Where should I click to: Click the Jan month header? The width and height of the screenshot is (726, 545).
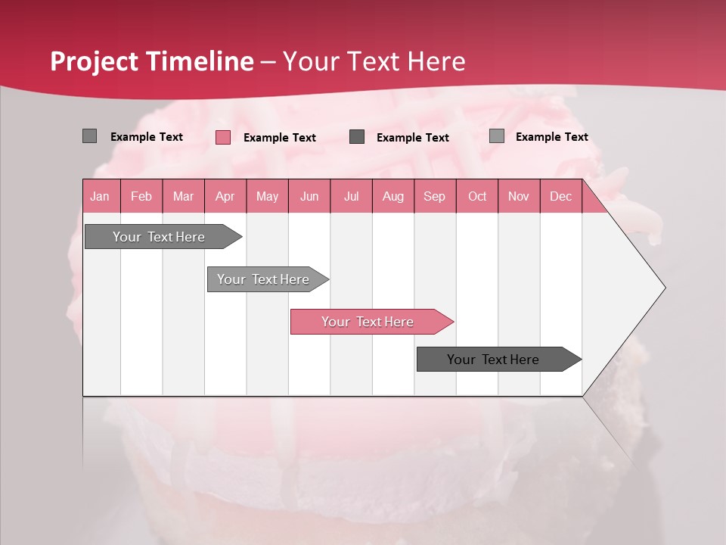(101, 196)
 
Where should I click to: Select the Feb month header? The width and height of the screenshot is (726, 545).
(141, 196)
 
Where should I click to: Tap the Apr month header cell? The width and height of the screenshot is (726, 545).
(225, 196)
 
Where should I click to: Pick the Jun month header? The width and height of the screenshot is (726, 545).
(309, 196)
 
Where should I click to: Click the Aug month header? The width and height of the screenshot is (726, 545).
(393, 196)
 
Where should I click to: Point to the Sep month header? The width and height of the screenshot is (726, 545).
(435, 196)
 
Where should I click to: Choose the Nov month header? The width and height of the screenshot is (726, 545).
(519, 196)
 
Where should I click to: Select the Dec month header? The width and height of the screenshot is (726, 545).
(561, 196)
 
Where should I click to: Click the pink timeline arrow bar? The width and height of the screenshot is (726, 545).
(368, 322)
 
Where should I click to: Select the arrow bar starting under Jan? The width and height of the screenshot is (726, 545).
(159, 237)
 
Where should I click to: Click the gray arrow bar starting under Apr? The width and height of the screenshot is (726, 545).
(264, 279)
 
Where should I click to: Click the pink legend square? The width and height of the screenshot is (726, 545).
(223, 137)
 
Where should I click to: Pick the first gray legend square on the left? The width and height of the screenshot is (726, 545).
(90, 136)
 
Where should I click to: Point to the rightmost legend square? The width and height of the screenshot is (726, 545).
(497, 136)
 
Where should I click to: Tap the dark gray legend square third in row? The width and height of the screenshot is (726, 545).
(357, 137)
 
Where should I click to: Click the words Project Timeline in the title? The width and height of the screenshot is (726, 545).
(152, 61)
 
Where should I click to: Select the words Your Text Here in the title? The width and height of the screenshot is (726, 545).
(374, 61)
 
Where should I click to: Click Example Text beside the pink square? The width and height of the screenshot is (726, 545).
(280, 138)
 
